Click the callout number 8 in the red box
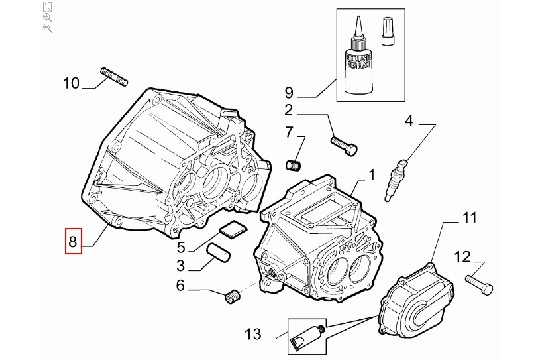coord(73,241)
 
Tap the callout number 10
coord(71,83)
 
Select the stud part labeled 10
coord(114,76)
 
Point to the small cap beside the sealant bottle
coord(388,31)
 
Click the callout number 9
coord(289,93)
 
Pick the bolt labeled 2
coord(344,146)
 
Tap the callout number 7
coord(289,132)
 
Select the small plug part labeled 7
coord(294,165)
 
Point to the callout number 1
coord(372,175)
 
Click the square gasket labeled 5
coord(233,229)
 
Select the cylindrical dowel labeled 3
coord(218,253)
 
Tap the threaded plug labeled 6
coord(232,296)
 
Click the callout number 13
coord(253,334)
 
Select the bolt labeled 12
coord(479,284)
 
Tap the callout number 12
coord(462,257)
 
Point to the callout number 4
coord(408,121)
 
